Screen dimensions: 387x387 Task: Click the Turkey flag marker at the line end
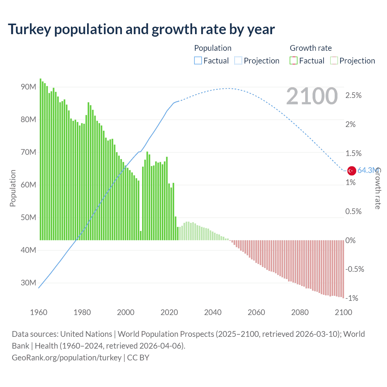351,171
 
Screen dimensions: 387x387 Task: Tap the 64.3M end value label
367,171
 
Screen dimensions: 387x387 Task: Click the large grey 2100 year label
312,96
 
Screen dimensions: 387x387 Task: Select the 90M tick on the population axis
28,87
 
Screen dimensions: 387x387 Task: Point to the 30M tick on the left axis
28,283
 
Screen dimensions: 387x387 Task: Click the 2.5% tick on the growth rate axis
353,96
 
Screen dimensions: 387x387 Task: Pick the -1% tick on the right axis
352,298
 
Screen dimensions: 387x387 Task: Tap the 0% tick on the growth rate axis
350,241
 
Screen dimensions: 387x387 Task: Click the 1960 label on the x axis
39,313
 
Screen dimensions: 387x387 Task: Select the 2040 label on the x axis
213,313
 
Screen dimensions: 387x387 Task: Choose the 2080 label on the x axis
300,313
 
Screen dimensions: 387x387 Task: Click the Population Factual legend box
198,61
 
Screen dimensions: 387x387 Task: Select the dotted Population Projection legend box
238,61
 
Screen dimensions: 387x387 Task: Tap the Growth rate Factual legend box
294,61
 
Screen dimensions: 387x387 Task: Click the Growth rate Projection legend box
334,61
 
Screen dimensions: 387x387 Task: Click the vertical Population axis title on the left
13,188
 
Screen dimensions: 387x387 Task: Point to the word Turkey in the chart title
29,29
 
